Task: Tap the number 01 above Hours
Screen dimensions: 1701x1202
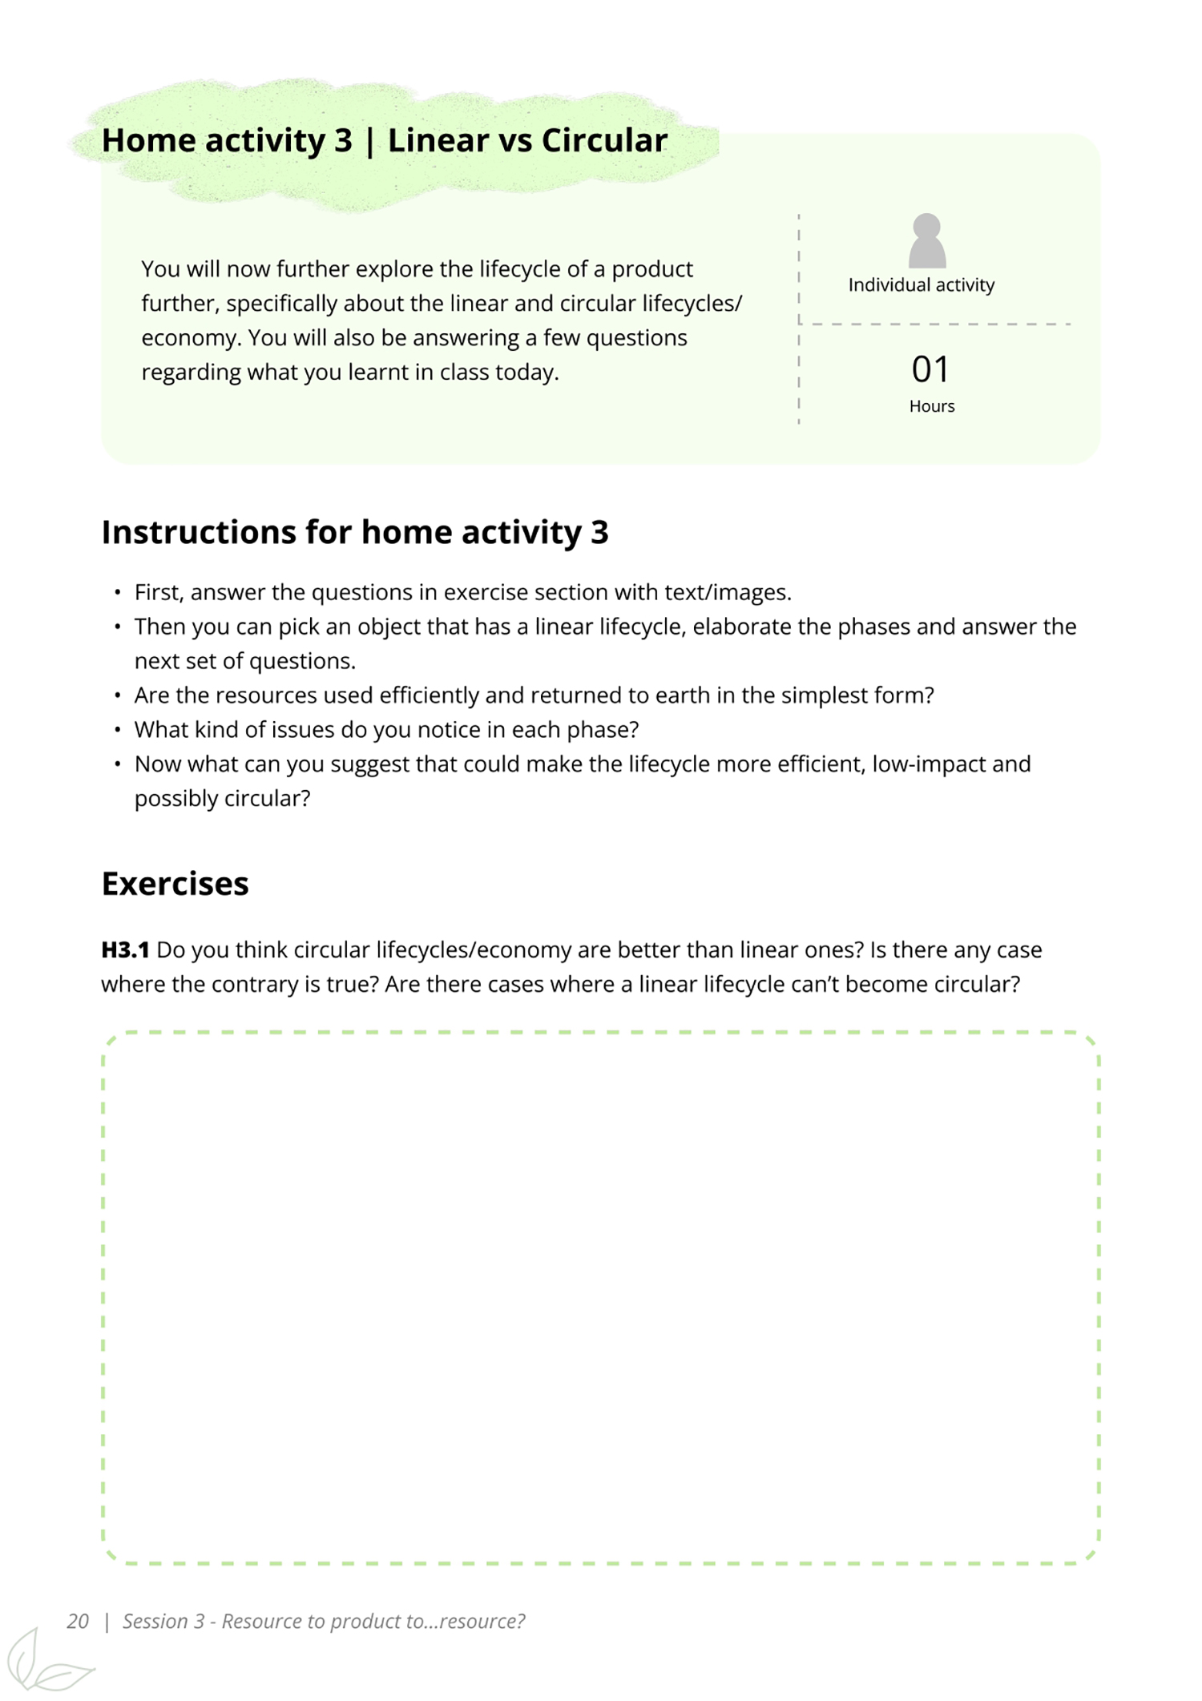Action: click(x=930, y=369)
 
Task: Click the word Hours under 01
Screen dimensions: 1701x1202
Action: click(x=932, y=406)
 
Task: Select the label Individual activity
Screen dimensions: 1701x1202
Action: click(x=922, y=285)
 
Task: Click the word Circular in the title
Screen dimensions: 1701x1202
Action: click(x=604, y=140)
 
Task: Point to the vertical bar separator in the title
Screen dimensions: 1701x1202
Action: click(x=369, y=142)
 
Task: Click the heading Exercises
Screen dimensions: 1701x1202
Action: click(x=175, y=884)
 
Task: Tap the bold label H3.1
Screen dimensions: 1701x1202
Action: click(x=125, y=950)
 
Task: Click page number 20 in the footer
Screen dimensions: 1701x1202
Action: click(x=78, y=1622)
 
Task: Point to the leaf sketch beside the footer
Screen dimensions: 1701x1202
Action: click(x=44, y=1663)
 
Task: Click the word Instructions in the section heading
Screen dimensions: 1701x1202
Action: click(x=198, y=532)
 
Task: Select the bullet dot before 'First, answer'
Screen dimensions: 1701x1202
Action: click(x=118, y=593)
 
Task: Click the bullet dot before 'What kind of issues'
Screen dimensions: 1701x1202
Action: click(x=118, y=730)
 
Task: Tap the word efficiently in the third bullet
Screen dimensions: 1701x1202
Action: click(x=429, y=695)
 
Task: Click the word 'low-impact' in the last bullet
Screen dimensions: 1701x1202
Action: click(x=928, y=764)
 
